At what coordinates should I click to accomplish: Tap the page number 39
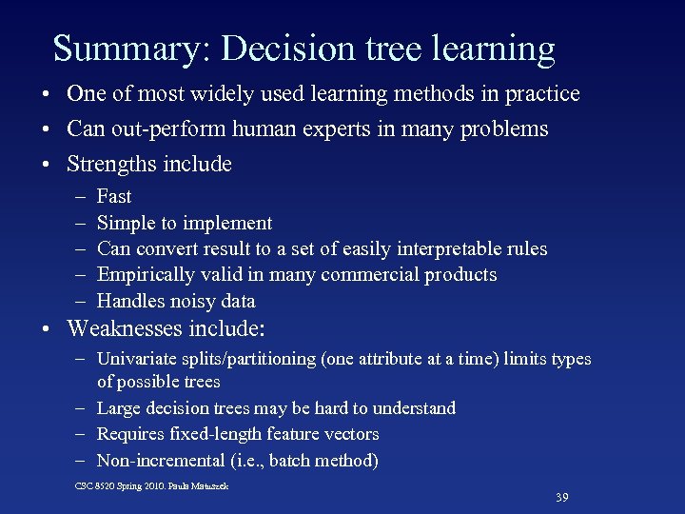(x=562, y=497)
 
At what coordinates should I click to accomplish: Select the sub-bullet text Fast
(x=114, y=197)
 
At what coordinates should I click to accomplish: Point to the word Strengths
(x=110, y=164)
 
